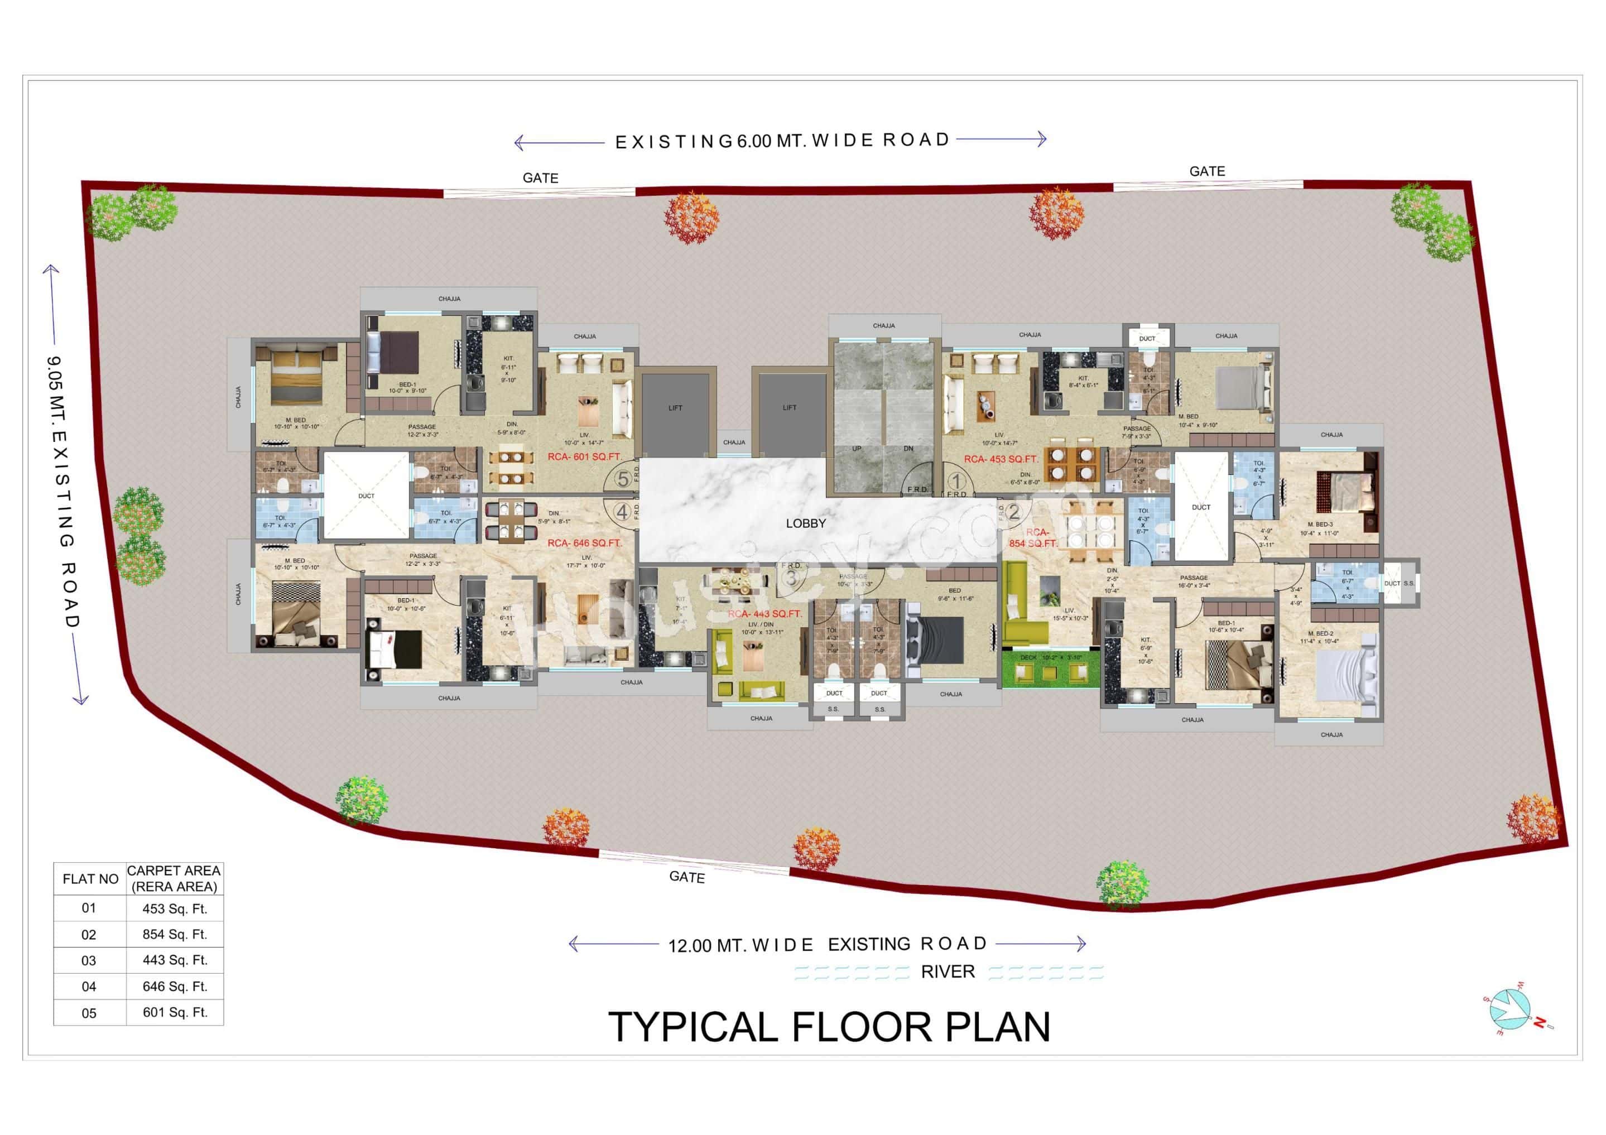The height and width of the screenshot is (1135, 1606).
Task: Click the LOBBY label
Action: (x=806, y=523)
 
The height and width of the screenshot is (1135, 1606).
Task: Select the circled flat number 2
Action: (x=1013, y=513)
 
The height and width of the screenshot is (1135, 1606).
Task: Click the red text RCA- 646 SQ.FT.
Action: (x=584, y=543)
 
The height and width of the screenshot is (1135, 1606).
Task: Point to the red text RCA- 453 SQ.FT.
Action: (x=1001, y=459)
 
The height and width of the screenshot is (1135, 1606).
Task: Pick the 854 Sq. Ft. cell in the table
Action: (x=175, y=934)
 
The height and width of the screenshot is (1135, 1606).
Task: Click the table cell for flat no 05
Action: (x=89, y=1013)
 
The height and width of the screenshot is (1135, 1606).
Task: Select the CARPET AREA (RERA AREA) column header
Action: (x=174, y=878)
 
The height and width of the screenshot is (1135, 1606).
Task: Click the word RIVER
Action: (x=948, y=972)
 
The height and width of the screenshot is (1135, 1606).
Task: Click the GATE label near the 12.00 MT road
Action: (x=687, y=877)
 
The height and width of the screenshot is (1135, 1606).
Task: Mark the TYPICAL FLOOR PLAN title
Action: (x=829, y=1027)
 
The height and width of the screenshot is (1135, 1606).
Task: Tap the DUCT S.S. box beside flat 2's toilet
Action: (x=1399, y=583)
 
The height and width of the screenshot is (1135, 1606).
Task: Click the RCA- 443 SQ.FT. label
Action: (x=764, y=614)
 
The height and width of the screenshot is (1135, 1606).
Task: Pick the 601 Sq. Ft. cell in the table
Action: (x=175, y=1013)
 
